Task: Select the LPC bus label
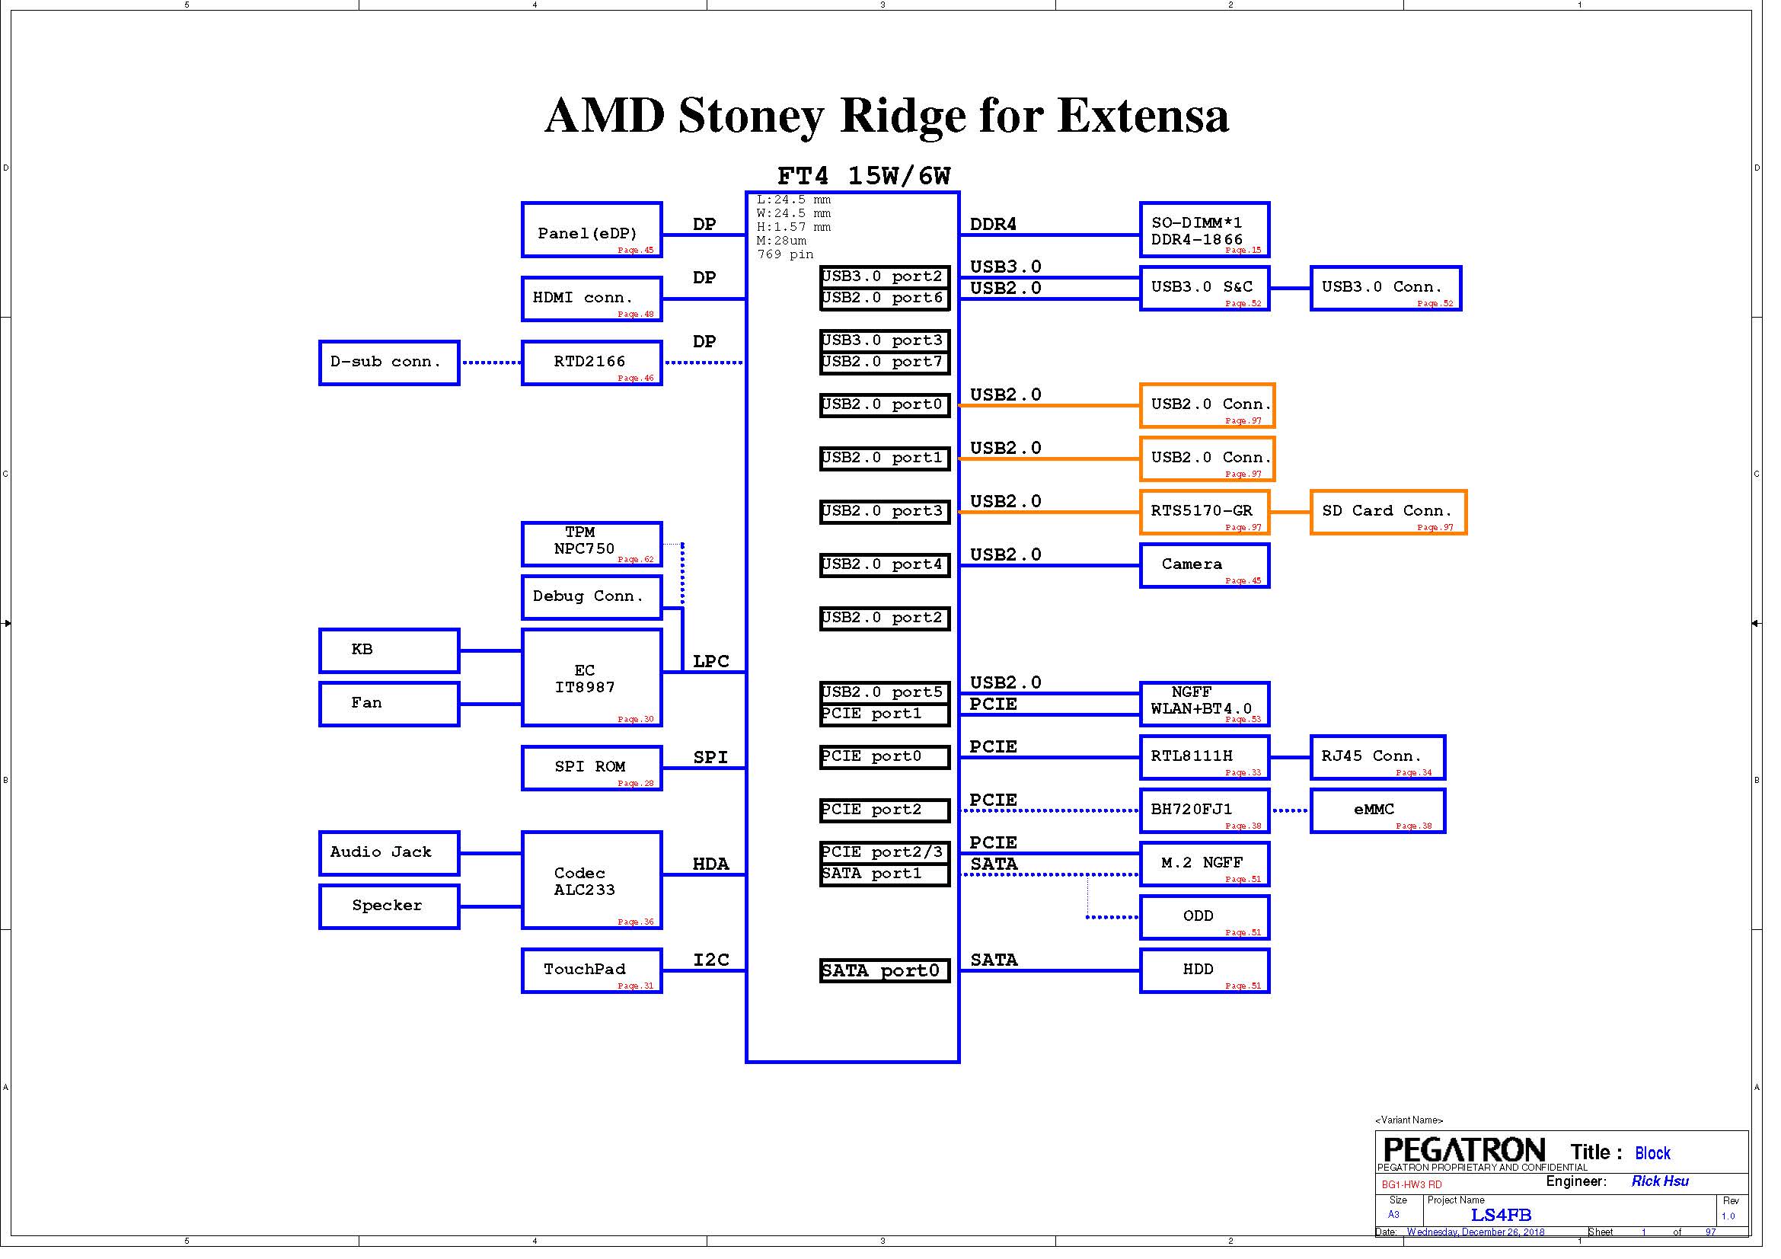[710, 661]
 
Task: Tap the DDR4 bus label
[993, 224]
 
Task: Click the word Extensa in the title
[1143, 116]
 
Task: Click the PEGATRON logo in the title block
[1463, 1149]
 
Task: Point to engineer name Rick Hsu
[1659, 1181]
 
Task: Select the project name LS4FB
[1501, 1215]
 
